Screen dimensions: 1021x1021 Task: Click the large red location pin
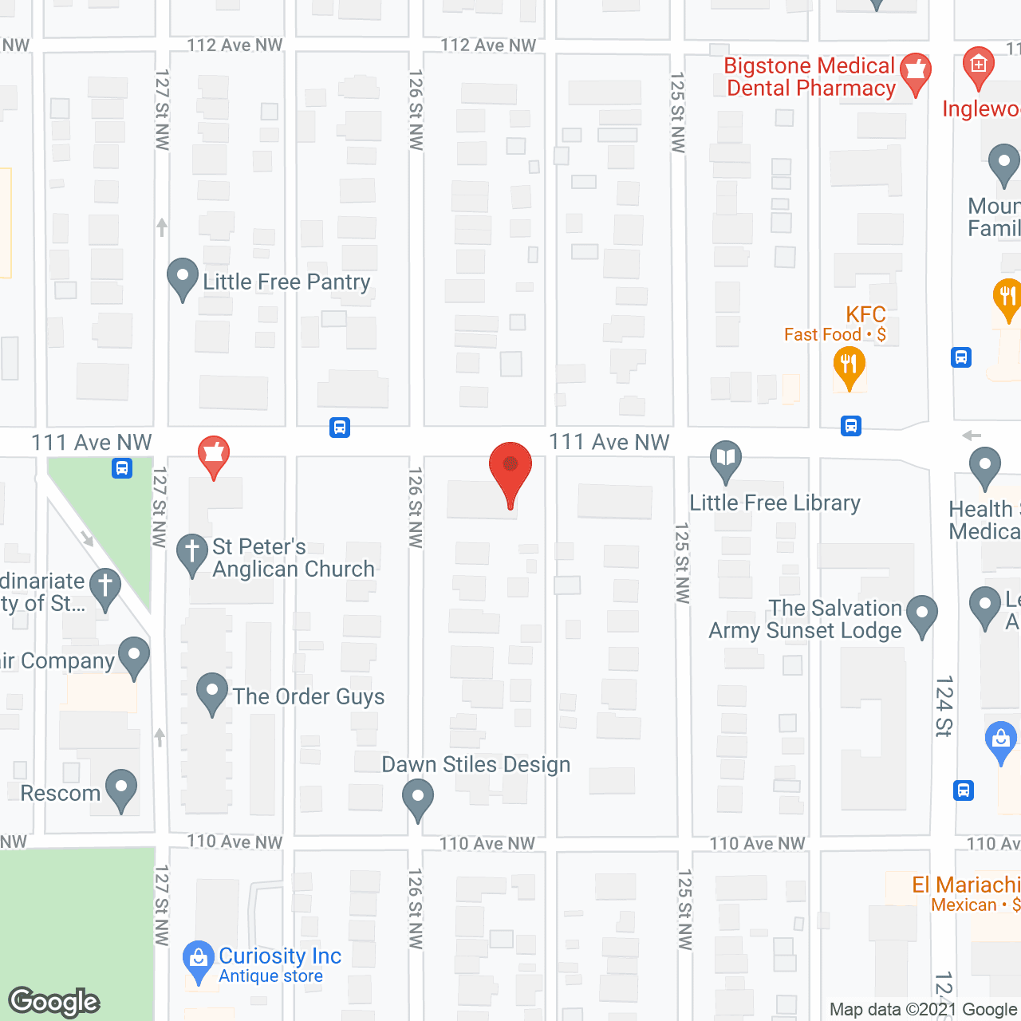pyautogui.click(x=510, y=471)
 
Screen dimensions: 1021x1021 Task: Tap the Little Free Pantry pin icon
pyautogui.click(x=183, y=278)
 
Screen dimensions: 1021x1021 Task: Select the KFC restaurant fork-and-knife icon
pyautogui.click(x=849, y=366)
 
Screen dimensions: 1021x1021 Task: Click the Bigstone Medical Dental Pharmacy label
pyautogui.click(x=810, y=77)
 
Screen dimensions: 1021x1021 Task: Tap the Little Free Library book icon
pyautogui.click(x=726, y=460)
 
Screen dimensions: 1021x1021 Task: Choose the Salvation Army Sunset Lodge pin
pyautogui.click(x=922, y=615)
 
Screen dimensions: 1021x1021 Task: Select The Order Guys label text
pyautogui.click(x=309, y=696)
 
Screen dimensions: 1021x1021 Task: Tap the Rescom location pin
pyautogui.click(x=121, y=789)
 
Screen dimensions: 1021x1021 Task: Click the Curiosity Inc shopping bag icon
pyautogui.click(x=198, y=960)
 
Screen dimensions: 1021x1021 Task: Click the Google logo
pyautogui.click(x=54, y=1002)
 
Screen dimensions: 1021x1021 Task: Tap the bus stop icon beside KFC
pyautogui.click(x=851, y=426)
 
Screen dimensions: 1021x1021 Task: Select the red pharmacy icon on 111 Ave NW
pyautogui.click(x=213, y=455)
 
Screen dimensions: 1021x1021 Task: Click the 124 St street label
pyautogui.click(x=944, y=706)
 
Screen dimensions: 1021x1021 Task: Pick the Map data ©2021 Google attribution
pyautogui.click(x=924, y=1010)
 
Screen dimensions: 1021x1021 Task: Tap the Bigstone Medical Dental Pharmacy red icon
pyautogui.click(x=916, y=73)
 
